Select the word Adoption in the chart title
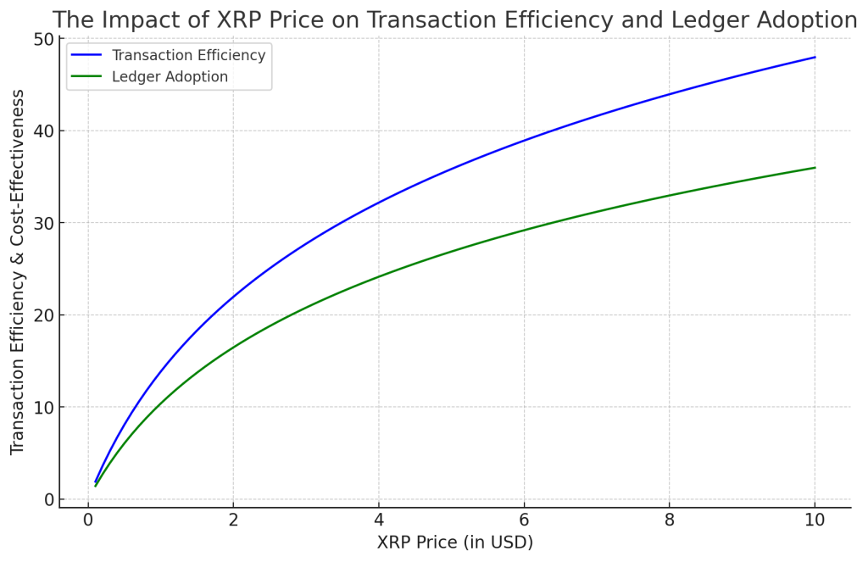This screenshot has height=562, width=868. (x=801, y=19)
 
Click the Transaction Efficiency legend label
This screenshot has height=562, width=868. (x=188, y=56)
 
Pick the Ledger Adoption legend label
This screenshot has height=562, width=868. (x=170, y=77)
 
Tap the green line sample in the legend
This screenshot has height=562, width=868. (x=86, y=77)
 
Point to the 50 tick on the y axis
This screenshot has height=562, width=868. (x=43, y=40)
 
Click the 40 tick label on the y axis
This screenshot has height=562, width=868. (x=43, y=131)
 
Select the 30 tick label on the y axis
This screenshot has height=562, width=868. (x=43, y=224)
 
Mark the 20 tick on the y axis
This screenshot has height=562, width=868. (x=43, y=315)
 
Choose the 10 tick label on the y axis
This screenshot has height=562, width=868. (x=43, y=408)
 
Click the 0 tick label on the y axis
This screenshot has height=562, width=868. (x=48, y=499)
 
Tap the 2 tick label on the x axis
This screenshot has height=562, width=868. (x=233, y=520)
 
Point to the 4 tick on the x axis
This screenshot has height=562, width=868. (x=379, y=520)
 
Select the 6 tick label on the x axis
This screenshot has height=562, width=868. (x=524, y=520)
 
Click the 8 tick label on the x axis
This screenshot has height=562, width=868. (x=670, y=520)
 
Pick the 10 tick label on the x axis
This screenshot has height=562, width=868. (x=815, y=520)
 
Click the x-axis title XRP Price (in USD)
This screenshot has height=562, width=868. (x=455, y=543)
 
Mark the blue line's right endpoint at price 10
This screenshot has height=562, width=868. (x=815, y=58)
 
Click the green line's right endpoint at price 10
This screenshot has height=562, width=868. (x=815, y=168)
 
